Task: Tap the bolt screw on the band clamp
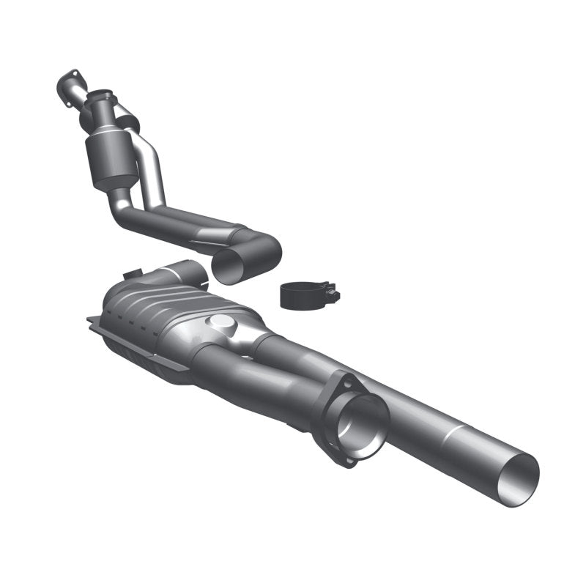click(x=333, y=296)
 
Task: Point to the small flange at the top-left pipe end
click(x=67, y=86)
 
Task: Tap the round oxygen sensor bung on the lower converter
click(x=220, y=323)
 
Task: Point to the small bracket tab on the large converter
click(x=133, y=274)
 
